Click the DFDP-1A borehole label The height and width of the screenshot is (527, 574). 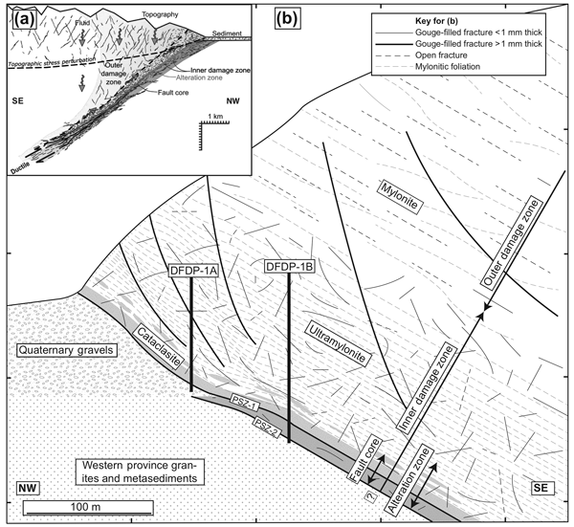point(193,271)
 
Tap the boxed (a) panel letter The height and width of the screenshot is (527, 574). point(16,17)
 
